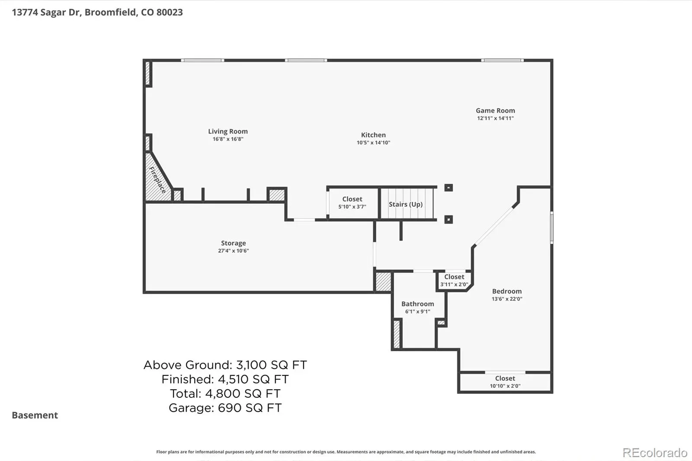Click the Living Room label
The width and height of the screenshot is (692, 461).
pos(227,131)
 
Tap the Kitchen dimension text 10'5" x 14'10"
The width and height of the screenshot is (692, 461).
pos(373,142)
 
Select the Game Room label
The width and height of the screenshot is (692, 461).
pos(495,110)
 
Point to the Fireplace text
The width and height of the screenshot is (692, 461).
pos(157,180)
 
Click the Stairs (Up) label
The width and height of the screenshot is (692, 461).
pos(405,204)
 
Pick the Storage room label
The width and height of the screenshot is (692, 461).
pos(233,243)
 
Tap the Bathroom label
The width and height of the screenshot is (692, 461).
pos(417,304)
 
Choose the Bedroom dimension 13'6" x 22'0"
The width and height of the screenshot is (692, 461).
pos(506,299)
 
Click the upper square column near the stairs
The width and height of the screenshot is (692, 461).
pos(449,188)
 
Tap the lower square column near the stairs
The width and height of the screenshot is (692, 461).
pos(449,219)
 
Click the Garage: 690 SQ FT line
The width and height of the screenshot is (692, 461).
pos(225,408)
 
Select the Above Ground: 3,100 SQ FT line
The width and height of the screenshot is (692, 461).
pos(225,365)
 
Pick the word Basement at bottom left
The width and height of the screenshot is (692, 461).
pos(35,415)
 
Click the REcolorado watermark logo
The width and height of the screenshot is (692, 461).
pos(655,453)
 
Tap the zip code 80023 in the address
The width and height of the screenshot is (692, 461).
pos(169,12)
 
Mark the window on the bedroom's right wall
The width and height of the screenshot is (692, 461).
pos(552,228)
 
